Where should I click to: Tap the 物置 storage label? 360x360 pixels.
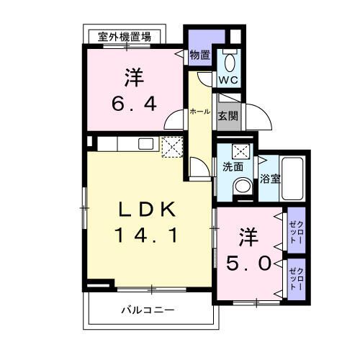point(199,55)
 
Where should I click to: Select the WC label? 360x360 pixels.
point(229,79)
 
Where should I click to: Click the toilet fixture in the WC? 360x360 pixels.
point(230,60)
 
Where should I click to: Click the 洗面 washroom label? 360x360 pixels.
point(233,167)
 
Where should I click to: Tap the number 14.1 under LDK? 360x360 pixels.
point(145,235)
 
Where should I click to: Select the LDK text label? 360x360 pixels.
point(146,209)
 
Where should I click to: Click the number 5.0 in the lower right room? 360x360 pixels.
point(251,264)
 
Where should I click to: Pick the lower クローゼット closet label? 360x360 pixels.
point(296,277)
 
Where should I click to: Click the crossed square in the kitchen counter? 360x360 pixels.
point(172,146)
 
